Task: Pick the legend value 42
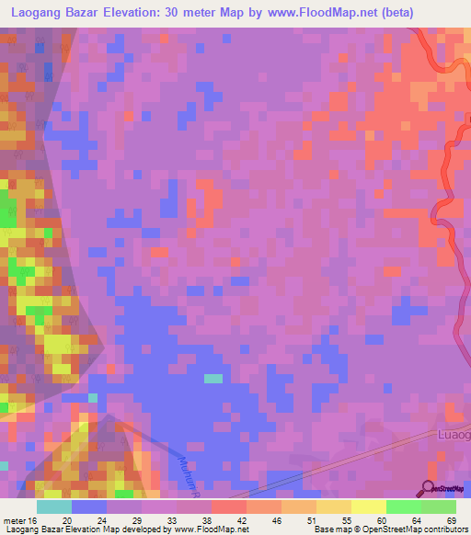pos(243,520)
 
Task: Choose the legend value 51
pos(313,520)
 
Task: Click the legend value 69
pos(450,520)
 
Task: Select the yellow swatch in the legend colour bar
pos(368,507)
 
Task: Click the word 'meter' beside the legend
pos(12,520)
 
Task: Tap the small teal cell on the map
pos(213,378)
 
